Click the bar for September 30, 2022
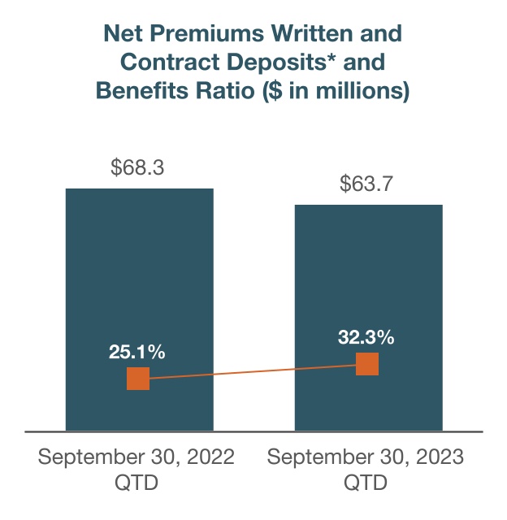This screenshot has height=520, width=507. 140,276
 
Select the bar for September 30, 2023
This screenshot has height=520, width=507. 368,284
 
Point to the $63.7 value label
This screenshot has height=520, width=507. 367,184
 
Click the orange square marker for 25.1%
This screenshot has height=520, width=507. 138,379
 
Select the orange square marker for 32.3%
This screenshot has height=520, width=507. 367,364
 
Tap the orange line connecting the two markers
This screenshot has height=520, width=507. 252,371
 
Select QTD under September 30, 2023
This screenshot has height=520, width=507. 366,483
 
